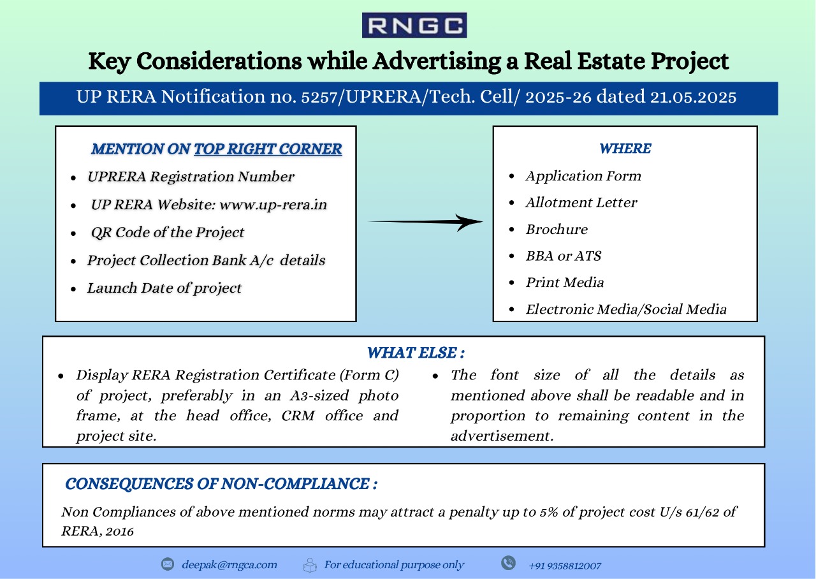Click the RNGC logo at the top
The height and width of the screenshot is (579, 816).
coord(414,25)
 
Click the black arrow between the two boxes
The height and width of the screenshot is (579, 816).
coord(425,221)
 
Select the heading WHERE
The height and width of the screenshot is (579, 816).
coord(625,149)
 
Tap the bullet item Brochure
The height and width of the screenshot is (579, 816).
coord(557,229)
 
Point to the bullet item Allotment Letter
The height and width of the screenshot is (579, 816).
coord(581,202)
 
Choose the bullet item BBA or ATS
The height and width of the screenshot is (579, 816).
coord(564,256)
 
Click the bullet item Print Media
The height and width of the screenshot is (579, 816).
coord(565,282)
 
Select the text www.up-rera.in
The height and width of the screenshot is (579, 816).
coord(273,205)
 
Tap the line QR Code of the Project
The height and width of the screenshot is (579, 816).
coord(168,233)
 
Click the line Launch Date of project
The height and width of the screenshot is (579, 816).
coord(164,288)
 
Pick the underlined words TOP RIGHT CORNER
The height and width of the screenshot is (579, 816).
coord(268,149)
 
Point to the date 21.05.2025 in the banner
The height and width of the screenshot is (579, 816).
coord(693,97)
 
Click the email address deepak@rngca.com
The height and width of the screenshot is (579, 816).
coord(229,564)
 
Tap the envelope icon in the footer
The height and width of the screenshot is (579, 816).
coord(168,564)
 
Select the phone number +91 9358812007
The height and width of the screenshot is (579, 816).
coord(565,566)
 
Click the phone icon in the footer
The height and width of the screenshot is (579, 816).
coord(508,563)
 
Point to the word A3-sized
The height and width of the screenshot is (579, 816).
coord(319,395)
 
